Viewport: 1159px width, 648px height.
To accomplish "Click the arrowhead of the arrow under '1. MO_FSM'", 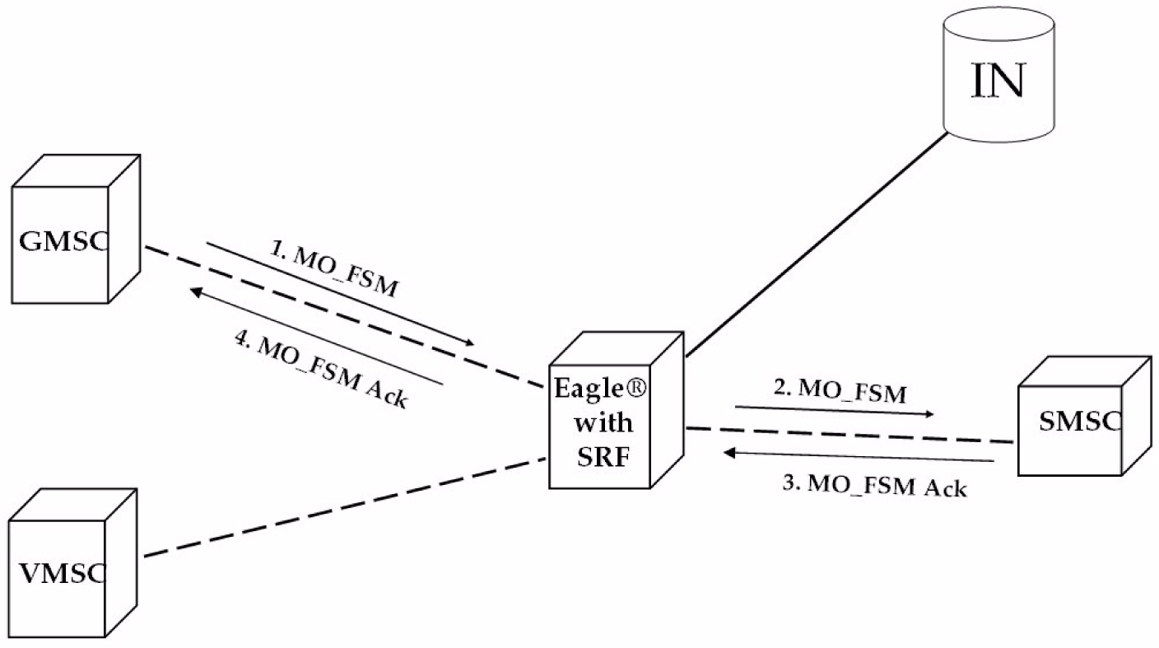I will click(x=470, y=343).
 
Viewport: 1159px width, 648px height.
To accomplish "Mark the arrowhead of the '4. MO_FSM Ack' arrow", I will click(x=195, y=290).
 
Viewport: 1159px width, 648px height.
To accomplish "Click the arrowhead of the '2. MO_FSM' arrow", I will click(x=929, y=414).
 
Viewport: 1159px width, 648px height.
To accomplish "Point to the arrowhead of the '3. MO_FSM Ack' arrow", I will click(x=729, y=452).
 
